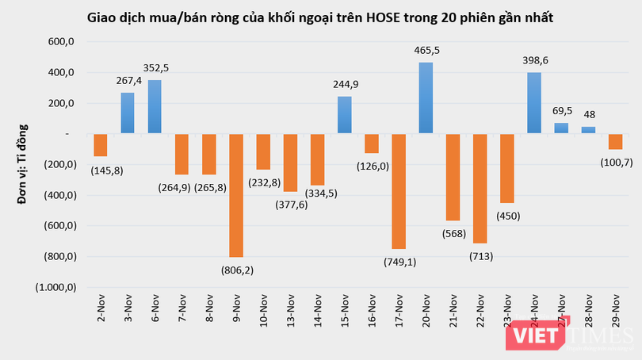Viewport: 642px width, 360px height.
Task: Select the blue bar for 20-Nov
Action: click(426, 98)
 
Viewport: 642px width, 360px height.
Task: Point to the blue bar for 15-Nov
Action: click(345, 115)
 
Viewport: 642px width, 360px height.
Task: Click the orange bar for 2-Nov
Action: click(101, 145)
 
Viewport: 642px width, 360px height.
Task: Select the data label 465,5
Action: click(426, 50)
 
